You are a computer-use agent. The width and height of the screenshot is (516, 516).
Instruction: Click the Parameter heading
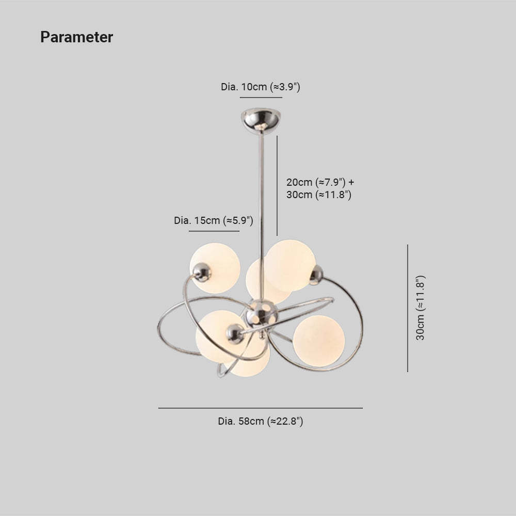click(x=77, y=37)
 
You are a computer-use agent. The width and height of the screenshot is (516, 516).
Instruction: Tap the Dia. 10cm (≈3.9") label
click(x=260, y=87)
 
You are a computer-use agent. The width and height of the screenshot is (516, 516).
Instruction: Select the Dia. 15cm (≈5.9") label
click(x=214, y=220)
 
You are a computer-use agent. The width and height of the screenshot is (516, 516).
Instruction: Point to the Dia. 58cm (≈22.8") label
click(x=260, y=421)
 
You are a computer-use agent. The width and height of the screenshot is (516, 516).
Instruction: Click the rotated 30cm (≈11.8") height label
click(x=421, y=308)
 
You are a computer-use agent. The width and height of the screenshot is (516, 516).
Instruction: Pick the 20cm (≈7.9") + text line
click(x=320, y=182)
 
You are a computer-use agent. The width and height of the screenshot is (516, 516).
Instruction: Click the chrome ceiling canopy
click(x=261, y=120)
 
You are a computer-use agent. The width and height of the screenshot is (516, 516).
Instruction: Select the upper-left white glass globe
click(x=215, y=268)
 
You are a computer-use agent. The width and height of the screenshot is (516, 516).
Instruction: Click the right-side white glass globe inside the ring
click(x=318, y=341)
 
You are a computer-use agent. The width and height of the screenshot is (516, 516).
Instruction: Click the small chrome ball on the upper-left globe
click(x=202, y=272)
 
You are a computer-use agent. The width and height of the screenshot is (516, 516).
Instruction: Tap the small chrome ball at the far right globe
click(x=316, y=275)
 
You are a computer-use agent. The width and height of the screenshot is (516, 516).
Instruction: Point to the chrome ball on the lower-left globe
click(x=235, y=334)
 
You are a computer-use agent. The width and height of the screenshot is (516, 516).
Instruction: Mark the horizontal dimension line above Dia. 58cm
click(x=260, y=408)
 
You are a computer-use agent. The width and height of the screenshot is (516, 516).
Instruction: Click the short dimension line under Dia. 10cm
click(x=261, y=98)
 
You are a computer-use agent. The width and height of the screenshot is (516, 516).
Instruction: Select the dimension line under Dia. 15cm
click(x=214, y=231)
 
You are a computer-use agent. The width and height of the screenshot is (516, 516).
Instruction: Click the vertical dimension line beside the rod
click(x=277, y=186)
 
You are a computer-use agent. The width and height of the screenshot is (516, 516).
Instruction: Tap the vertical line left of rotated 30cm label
click(x=408, y=309)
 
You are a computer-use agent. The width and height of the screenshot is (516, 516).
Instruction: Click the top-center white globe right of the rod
click(x=290, y=265)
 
